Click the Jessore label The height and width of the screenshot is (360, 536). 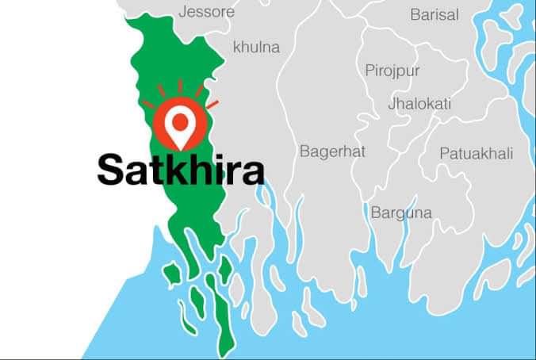click(x=206, y=12)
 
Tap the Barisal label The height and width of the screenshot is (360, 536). click(x=434, y=14)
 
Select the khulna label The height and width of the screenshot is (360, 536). click(x=256, y=48)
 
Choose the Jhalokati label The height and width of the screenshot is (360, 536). click(x=419, y=103)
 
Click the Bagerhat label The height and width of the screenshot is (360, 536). click(x=331, y=151)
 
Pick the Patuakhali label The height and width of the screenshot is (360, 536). click(x=477, y=153)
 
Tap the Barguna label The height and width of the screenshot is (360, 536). click(x=401, y=212)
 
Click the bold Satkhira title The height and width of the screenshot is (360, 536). click(x=180, y=168)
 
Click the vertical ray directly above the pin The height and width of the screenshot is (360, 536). click(x=181, y=86)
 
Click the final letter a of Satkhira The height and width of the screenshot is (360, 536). click(x=253, y=171)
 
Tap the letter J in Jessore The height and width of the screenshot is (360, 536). click(x=183, y=12)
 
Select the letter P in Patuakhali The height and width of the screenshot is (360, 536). click(x=445, y=153)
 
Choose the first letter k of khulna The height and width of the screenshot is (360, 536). click(x=236, y=48)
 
